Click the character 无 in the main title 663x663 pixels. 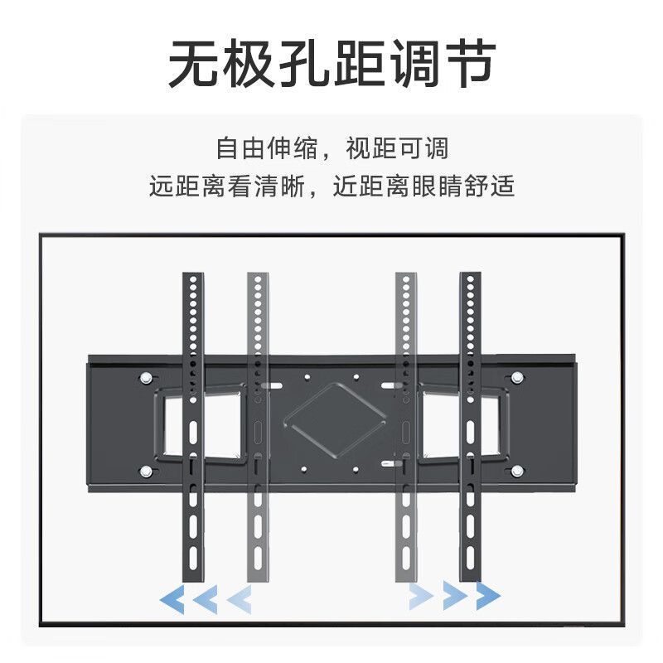pos(194,64)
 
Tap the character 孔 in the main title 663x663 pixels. pos(304,64)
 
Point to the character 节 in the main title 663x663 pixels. pos(468,64)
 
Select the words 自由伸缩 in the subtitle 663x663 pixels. pos(267,148)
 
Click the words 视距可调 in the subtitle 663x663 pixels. pos(397,148)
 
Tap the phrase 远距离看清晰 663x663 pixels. pos(226,186)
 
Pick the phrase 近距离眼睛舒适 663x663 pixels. pos(423,186)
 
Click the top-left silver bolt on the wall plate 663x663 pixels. pos(146,378)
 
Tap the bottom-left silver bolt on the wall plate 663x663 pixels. pos(146,471)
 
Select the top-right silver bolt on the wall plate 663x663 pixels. pos(516,378)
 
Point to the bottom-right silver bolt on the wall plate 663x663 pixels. pos(516,471)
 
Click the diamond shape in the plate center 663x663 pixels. pos(335,422)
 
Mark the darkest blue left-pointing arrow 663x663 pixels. pos(172,599)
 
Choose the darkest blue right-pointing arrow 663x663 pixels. pos(488,595)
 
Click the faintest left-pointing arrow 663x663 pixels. pos(240,599)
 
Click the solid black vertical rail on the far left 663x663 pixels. pos(193,427)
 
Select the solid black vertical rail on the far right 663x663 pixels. pos(470,427)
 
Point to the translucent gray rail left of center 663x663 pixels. pos(258,427)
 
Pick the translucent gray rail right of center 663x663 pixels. pos(406,427)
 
